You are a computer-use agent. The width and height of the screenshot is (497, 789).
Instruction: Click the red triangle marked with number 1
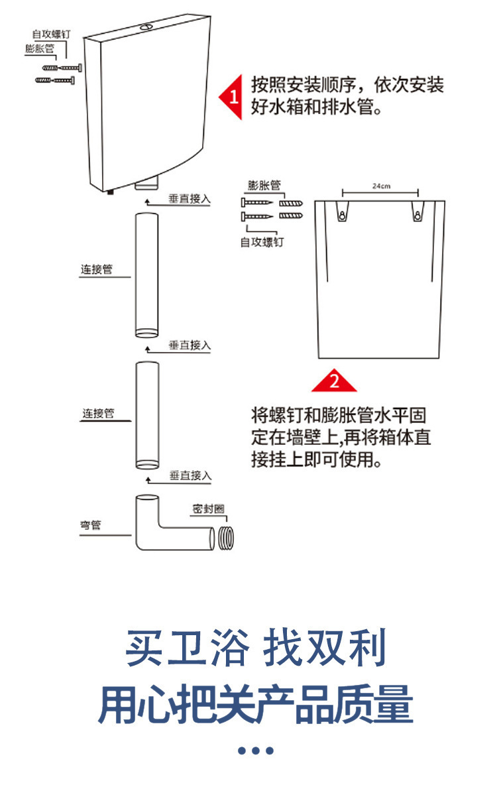pyautogui.click(x=232, y=97)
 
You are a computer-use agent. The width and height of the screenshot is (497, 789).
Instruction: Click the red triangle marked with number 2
pyautogui.click(x=334, y=381)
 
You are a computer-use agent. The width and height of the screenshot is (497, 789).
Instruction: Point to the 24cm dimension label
pyautogui.click(x=381, y=186)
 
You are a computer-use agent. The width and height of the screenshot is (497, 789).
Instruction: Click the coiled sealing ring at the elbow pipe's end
pyautogui.click(x=225, y=538)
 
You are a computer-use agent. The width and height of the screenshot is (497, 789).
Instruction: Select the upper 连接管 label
pyautogui.click(x=97, y=270)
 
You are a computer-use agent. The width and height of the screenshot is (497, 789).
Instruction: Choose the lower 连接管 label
pyautogui.click(x=98, y=414)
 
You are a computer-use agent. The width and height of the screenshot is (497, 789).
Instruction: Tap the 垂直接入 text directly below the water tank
pyautogui.click(x=189, y=199)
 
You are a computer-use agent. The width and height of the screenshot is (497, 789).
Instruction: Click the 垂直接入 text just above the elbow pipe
pyautogui.click(x=190, y=475)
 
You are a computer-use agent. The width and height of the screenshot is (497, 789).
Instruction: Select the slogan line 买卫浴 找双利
pyautogui.click(x=256, y=648)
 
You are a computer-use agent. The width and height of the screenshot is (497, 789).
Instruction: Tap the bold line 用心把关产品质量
pyautogui.click(x=256, y=705)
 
